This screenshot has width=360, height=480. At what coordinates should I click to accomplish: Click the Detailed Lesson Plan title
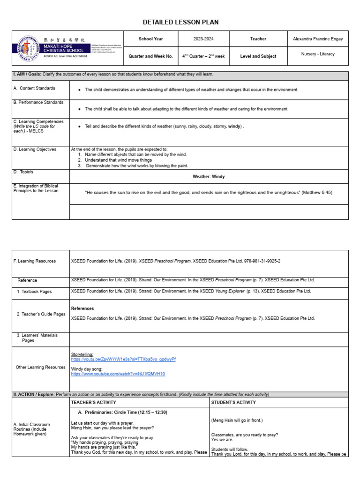(180, 22)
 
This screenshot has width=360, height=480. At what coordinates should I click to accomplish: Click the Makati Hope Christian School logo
(28, 48)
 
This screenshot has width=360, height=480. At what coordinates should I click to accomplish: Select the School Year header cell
(150, 39)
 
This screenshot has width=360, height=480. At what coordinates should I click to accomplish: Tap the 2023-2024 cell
(205, 39)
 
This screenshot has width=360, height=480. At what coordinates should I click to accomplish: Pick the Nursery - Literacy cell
(318, 54)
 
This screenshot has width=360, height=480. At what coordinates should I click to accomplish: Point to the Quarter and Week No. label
(150, 56)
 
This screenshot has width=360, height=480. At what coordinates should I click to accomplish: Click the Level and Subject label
(258, 56)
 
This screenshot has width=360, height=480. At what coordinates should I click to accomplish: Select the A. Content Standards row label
(34, 88)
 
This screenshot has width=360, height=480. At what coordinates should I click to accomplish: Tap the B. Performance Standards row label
(38, 102)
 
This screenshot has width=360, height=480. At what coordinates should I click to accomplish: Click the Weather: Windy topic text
(209, 177)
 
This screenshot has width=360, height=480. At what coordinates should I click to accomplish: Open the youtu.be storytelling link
(123, 360)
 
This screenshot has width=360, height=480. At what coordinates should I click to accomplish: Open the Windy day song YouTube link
(118, 374)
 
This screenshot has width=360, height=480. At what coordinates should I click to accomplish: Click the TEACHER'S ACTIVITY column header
(94, 402)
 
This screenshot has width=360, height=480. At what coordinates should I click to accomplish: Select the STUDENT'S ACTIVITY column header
(233, 402)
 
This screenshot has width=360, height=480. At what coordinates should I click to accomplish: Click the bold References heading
(82, 308)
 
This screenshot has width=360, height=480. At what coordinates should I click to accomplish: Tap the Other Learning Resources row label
(41, 367)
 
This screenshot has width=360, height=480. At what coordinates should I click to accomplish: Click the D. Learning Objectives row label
(35, 150)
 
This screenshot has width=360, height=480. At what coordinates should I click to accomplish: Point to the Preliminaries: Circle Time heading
(122, 412)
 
